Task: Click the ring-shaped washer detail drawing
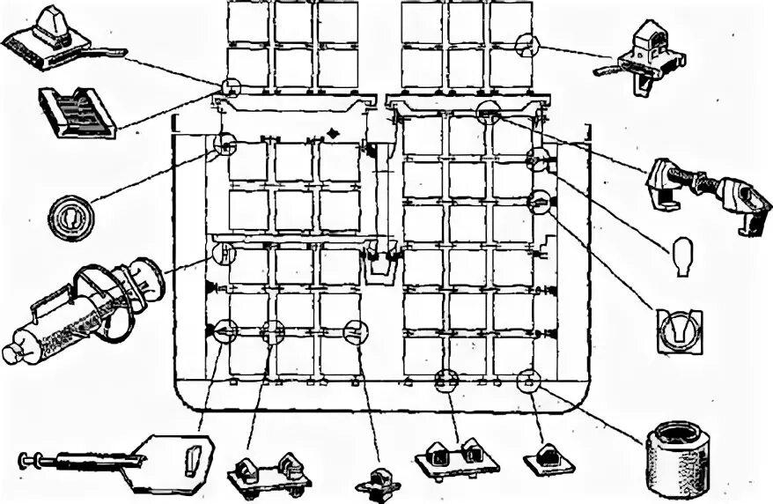pos(70,214)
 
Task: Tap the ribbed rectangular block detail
pos(77,112)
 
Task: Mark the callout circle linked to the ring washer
pos(224,144)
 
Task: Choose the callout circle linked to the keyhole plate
pos(538,201)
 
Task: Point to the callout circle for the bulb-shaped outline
pos(536,159)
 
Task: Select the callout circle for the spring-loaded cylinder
pos(225,253)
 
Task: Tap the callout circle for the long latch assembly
pos(489,113)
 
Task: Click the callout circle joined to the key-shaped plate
pos(224,330)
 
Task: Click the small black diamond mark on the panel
pos(333,133)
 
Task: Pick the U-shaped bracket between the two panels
pos(379,263)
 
